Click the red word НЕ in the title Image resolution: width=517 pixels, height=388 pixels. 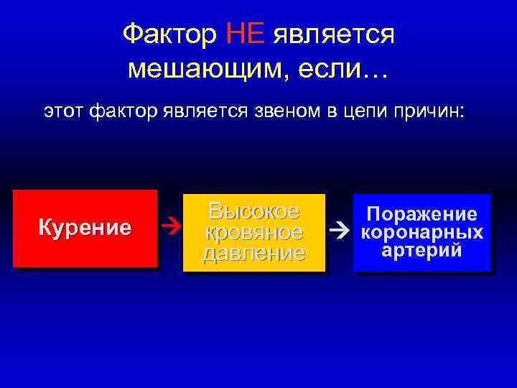coord(246,34)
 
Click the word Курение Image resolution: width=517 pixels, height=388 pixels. coord(85,228)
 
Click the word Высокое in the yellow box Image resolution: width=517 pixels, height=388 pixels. coord(253,212)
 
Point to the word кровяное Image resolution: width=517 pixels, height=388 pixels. coord(253,233)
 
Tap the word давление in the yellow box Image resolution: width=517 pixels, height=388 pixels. coord(253,254)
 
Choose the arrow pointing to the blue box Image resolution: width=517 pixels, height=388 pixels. coord(338,232)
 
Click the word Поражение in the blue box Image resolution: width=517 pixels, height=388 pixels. coord(422,214)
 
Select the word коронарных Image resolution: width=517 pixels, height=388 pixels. coord(422,233)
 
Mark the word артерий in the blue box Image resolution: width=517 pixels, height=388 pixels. coord(422,251)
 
